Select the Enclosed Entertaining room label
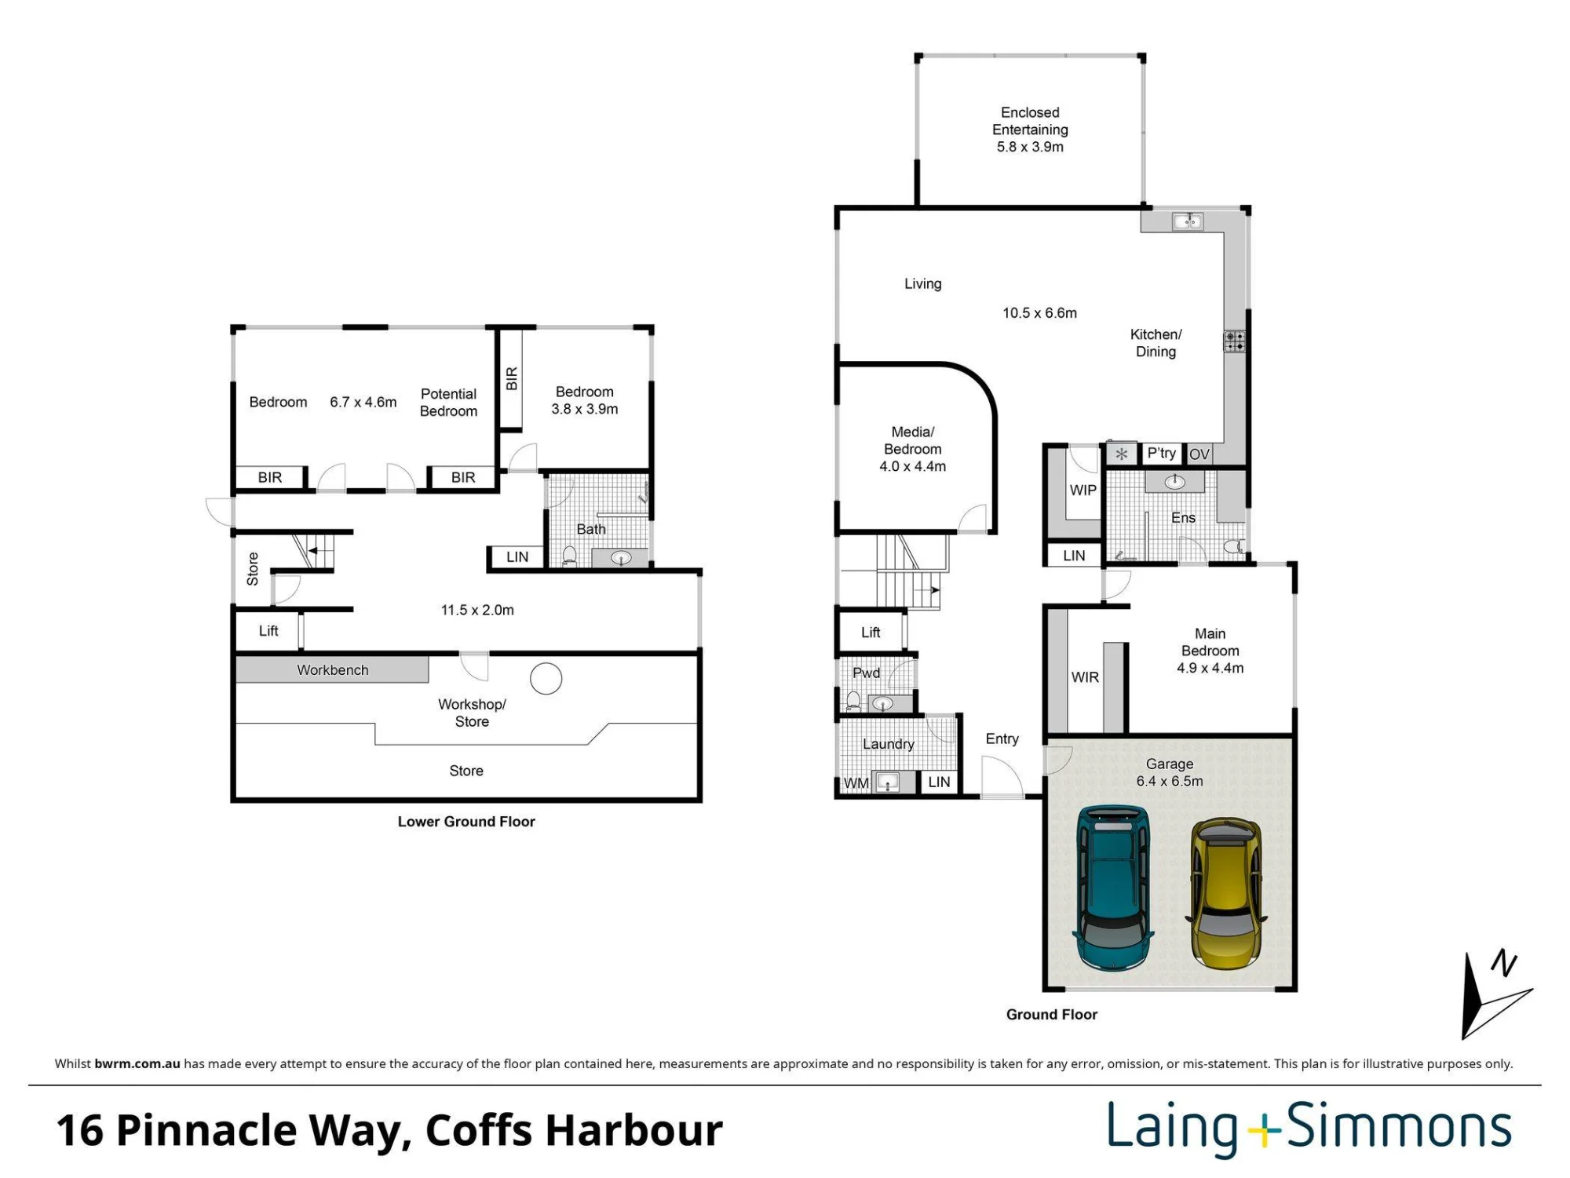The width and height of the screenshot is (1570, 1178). pos(1030,129)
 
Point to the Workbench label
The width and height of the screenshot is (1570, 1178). pos(333,670)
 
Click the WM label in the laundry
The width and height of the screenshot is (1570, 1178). pos(856,783)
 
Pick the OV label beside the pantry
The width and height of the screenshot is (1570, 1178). pos(1199,454)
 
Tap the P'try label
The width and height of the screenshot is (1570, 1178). pos(1161,453)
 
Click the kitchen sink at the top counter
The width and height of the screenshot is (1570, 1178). pos(1188,221)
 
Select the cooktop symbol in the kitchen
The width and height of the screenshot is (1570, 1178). pos(1234,341)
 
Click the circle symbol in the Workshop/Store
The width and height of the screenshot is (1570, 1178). pos(546,679)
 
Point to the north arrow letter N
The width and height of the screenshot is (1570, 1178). pos(1503,963)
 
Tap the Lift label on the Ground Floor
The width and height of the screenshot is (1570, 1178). pos(871,633)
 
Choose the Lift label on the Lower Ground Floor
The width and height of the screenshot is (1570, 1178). pos(268,631)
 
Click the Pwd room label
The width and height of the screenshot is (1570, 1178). pos(866,673)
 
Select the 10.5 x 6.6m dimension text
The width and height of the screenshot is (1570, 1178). pos(1039,313)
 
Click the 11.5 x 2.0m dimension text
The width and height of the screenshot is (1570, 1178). pos(477,610)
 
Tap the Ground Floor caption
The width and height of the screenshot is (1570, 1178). pos(1052,1015)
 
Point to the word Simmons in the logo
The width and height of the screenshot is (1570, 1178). pos(1400,1127)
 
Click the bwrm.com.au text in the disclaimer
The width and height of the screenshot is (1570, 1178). pos(137,1064)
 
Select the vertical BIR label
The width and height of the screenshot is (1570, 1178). pos(512,379)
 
